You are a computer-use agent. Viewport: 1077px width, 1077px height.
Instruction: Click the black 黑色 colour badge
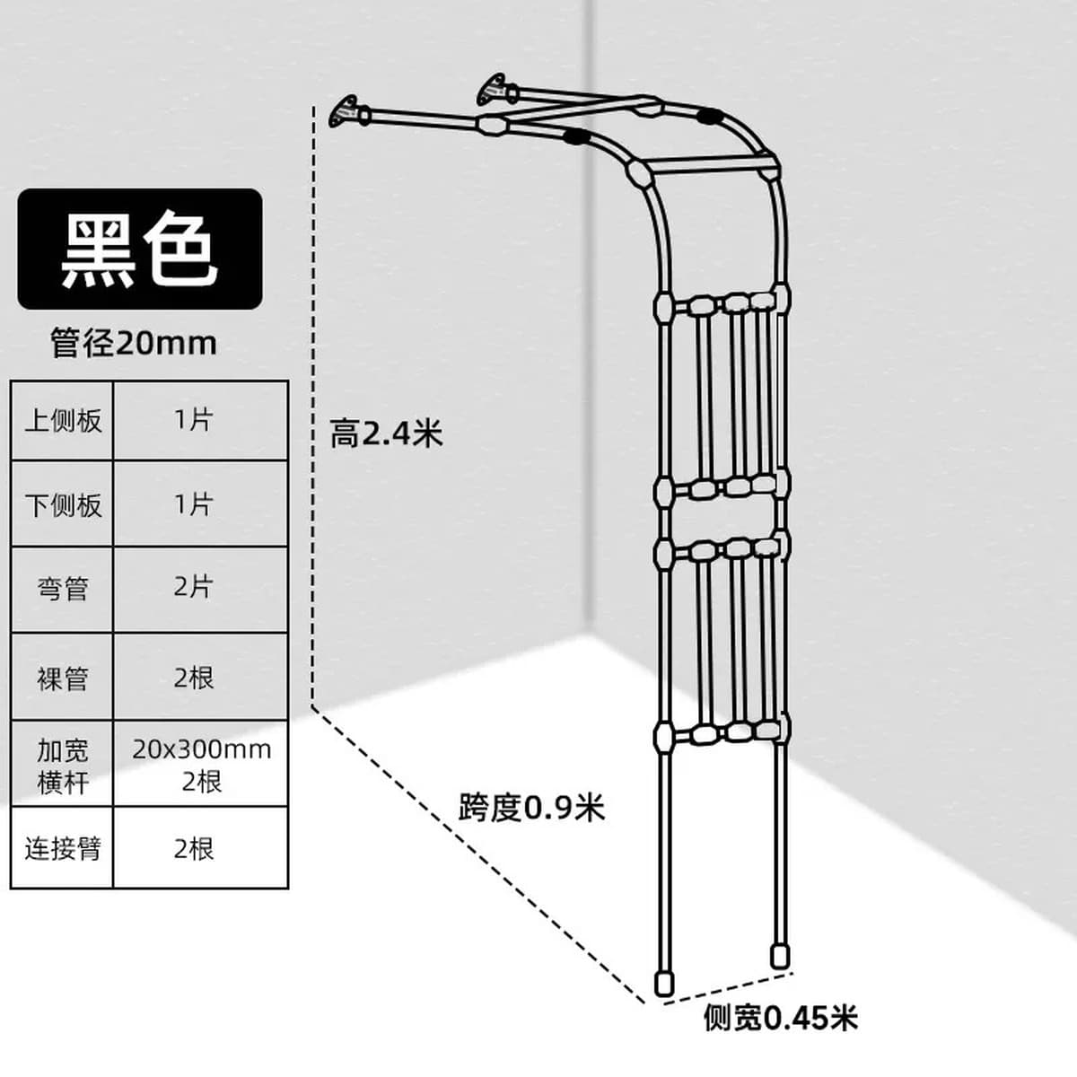tap(140, 250)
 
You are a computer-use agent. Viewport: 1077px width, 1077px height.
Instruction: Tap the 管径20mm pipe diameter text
tap(134, 343)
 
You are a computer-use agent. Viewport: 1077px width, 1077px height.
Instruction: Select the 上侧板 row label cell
tap(63, 421)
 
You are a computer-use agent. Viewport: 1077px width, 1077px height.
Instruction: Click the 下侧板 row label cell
tap(63, 503)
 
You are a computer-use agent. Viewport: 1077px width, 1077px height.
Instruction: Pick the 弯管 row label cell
tap(63, 589)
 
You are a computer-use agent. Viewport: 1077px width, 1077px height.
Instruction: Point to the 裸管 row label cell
tap(63, 677)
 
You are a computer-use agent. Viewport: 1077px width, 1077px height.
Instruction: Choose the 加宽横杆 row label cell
tap(63, 764)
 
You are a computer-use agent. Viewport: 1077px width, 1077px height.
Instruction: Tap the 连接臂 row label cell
tap(63, 848)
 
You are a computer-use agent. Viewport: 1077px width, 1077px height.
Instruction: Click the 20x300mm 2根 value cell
tap(201, 764)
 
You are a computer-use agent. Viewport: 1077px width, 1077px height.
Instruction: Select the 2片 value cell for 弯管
tap(201, 589)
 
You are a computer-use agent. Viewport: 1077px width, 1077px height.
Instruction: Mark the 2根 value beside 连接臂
tap(201, 848)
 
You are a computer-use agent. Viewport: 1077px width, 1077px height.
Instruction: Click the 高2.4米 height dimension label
tap(386, 433)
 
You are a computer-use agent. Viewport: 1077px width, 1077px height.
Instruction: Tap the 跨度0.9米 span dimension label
tap(531, 807)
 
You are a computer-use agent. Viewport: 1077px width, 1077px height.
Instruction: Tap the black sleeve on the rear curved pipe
tap(710, 117)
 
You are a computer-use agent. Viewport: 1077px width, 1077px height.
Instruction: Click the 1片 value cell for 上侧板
tap(201, 421)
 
